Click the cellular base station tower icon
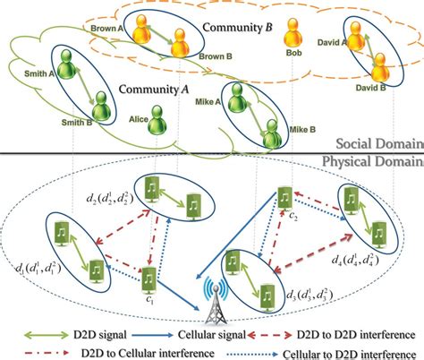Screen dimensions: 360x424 click(214, 301)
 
